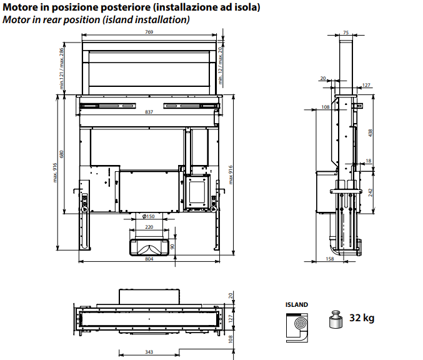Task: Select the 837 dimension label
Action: coord(149,112)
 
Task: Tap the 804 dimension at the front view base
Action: coord(149,259)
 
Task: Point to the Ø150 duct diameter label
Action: coord(148,216)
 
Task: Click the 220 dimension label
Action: coord(149,227)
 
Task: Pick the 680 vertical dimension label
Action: coord(61,154)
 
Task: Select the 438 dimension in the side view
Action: coord(371,133)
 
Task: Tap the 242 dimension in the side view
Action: coord(371,192)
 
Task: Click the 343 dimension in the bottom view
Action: coord(149,352)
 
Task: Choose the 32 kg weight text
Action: coord(362,319)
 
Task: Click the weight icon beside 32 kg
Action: coord(335,320)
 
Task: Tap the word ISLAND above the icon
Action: coord(297,304)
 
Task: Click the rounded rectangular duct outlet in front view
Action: coord(148,247)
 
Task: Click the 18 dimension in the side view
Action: coord(368,161)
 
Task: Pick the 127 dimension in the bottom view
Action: coord(231,318)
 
